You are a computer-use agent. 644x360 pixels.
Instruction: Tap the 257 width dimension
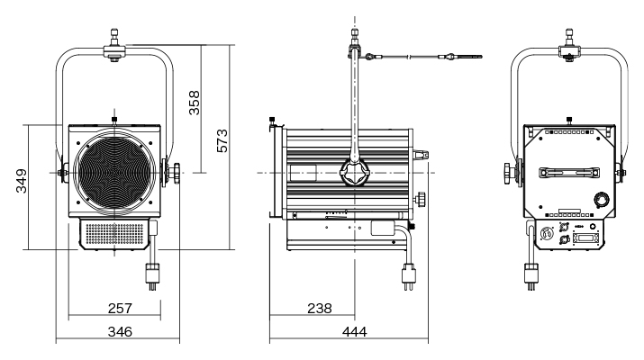coord(120,308)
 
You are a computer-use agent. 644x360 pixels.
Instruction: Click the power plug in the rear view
coord(529,272)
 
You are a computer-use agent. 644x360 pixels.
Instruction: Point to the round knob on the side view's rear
coord(421,199)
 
